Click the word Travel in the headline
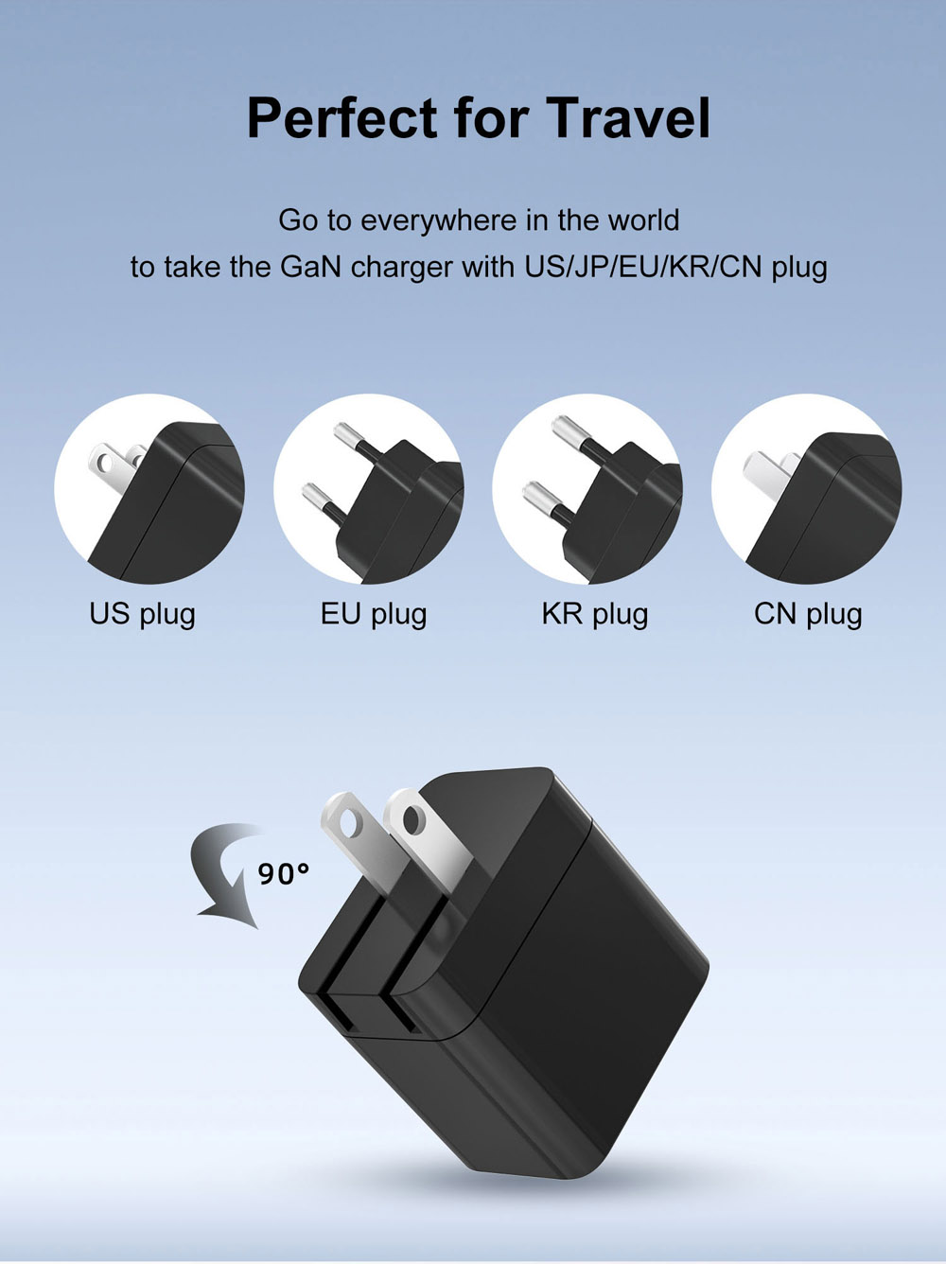tap(627, 118)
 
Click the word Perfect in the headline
tap(342, 118)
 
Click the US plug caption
tap(142, 614)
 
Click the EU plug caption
tap(374, 614)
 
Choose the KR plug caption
tap(594, 614)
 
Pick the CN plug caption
tap(808, 614)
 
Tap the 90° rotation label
tap(285, 874)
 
